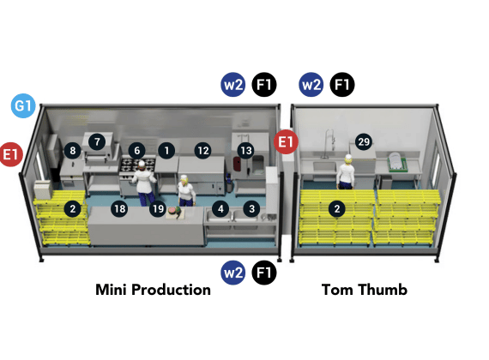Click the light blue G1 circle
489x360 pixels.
(x=23, y=105)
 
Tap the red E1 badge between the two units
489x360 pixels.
(x=286, y=141)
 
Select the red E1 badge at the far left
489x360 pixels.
(x=11, y=154)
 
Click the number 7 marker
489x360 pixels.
(x=97, y=141)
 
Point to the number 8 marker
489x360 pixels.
(x=73, y=151)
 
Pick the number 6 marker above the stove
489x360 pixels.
(x=137, y=151)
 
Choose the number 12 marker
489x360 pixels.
(x=203, y=151)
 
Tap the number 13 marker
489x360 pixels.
(x=246, y=151)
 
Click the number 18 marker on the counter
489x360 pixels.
(x=119, y=208)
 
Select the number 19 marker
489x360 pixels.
(x=158, y=208)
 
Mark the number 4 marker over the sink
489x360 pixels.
(x=220, y=208)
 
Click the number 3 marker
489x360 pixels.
(x=251, y=208)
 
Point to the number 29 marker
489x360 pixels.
(x=364, y=141)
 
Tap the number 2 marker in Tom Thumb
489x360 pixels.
(x=337, y=208)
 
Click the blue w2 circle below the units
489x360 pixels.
(x=233, y=273)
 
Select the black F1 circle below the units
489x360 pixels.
(x=264, y=273)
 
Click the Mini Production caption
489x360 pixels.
(x=153, y=290)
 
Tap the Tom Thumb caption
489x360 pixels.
(x=365, y=290)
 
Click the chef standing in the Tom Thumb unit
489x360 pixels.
(x=346, y=172)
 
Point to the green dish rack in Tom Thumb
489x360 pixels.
(x=397, y=162)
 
